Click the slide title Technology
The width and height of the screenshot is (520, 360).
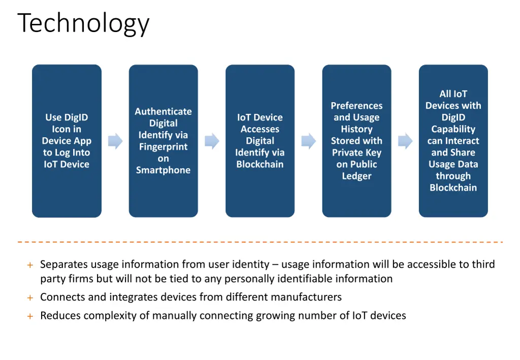83,23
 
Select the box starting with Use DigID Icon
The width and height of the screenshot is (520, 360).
67,141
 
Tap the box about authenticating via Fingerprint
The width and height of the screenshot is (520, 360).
163,141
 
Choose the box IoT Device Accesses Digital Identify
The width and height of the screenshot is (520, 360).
260,141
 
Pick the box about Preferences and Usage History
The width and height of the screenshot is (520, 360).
356,141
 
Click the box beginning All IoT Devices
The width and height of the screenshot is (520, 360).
453,141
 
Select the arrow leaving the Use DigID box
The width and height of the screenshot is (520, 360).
115,141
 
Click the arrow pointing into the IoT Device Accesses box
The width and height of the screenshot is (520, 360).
212,141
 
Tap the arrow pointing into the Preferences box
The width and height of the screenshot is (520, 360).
308,141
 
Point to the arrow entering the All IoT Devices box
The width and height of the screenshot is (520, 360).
405,141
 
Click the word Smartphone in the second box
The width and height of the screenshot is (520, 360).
163,171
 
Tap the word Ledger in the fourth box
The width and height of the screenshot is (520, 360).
356,176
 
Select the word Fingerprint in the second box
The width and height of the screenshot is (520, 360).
163,147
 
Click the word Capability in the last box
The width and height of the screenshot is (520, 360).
453,129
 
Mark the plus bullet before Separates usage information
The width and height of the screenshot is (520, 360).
30,265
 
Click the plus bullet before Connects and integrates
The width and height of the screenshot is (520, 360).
30,298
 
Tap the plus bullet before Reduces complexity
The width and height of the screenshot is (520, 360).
30,316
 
